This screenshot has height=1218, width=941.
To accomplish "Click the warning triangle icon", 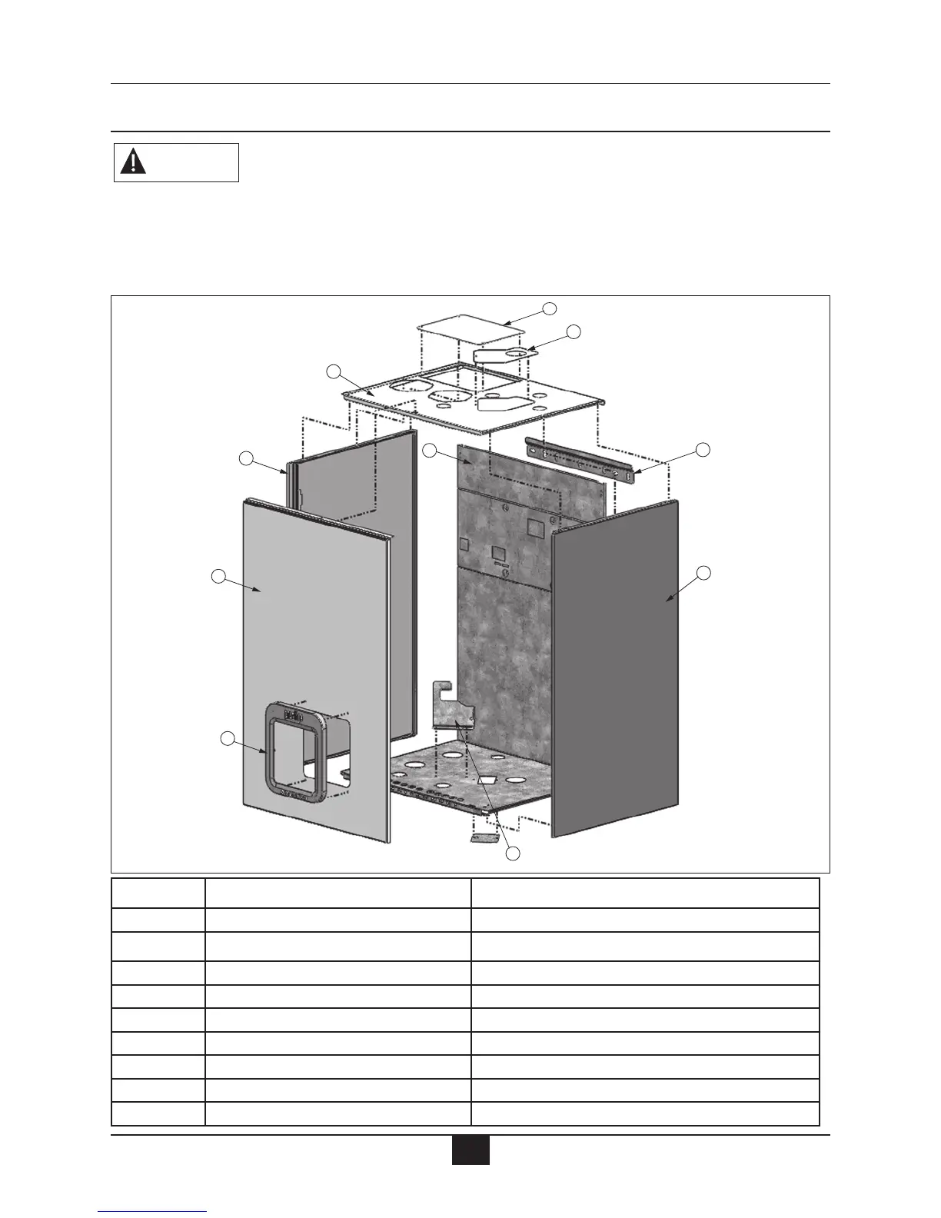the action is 133,162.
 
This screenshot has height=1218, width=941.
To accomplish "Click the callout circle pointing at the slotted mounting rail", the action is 703,449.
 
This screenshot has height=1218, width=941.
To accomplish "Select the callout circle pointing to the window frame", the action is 227,739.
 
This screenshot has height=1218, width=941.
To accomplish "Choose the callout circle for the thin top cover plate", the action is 549,308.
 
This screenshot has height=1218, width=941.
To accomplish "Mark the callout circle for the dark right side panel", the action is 703,572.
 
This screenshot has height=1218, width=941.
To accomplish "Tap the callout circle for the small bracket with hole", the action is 573,331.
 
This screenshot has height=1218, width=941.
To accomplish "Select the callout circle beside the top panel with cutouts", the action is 333,372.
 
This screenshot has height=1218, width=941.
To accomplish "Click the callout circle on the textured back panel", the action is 431,450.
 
